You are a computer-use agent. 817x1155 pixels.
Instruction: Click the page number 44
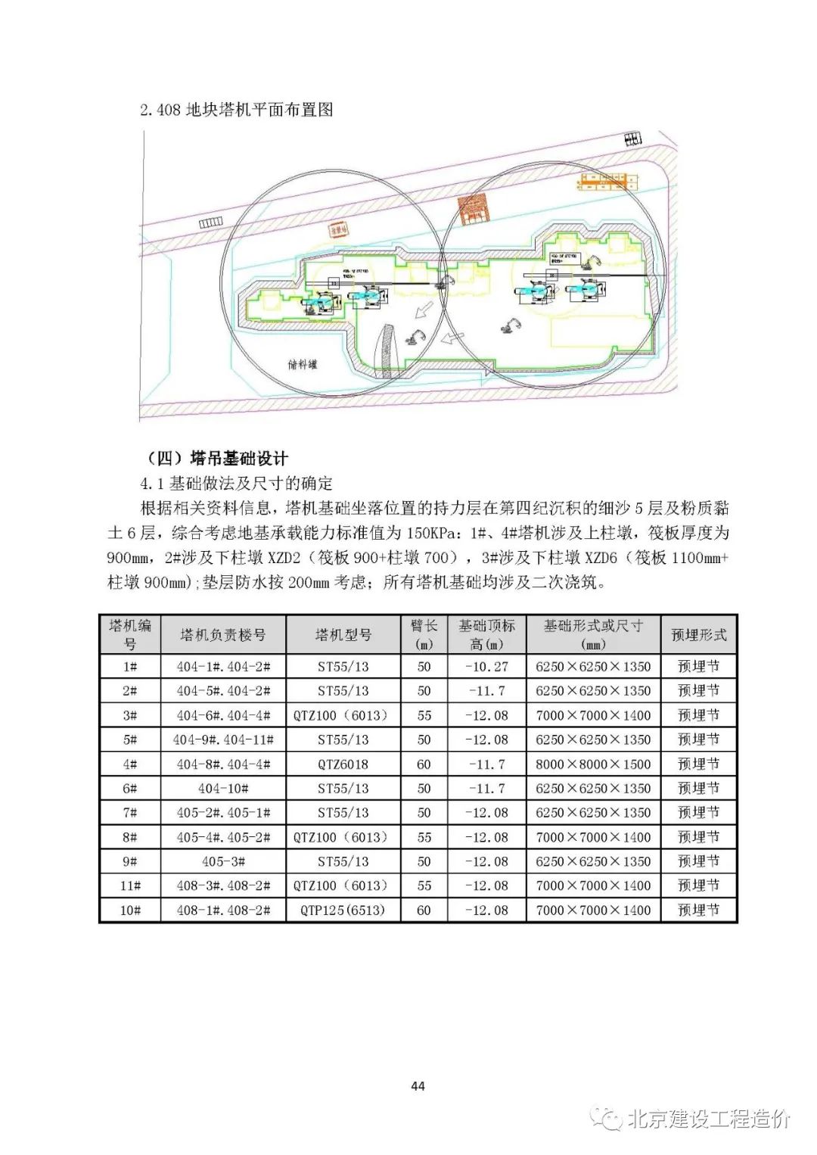coord(418,1086)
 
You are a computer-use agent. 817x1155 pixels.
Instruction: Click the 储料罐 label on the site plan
coord(303,363)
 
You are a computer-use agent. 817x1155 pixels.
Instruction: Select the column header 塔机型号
coord(343,635)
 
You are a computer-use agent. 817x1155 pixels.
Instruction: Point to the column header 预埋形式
coord(698,635)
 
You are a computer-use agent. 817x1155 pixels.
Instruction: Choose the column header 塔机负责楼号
coord(223,635)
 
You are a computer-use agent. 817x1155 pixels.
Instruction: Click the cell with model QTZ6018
coord(343,764)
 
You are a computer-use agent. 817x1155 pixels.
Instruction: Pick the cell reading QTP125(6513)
coord(343,911)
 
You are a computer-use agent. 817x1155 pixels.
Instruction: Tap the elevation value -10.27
coord(486,667)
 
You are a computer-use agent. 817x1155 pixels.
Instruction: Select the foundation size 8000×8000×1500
coord(593,764)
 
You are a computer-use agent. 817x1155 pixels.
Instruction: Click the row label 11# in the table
coord(130,886)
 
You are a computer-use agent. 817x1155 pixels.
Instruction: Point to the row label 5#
coord(130,739)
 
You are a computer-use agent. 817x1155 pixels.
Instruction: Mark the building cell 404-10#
coord(223,789)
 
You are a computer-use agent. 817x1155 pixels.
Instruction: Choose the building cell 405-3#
coord(223,861)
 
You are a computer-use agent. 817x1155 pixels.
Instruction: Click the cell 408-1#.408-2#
coord(223,911)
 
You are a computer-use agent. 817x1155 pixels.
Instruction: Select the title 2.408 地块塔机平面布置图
coord(237,110)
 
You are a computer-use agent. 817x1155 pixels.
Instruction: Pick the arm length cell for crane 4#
coord(424,764)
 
